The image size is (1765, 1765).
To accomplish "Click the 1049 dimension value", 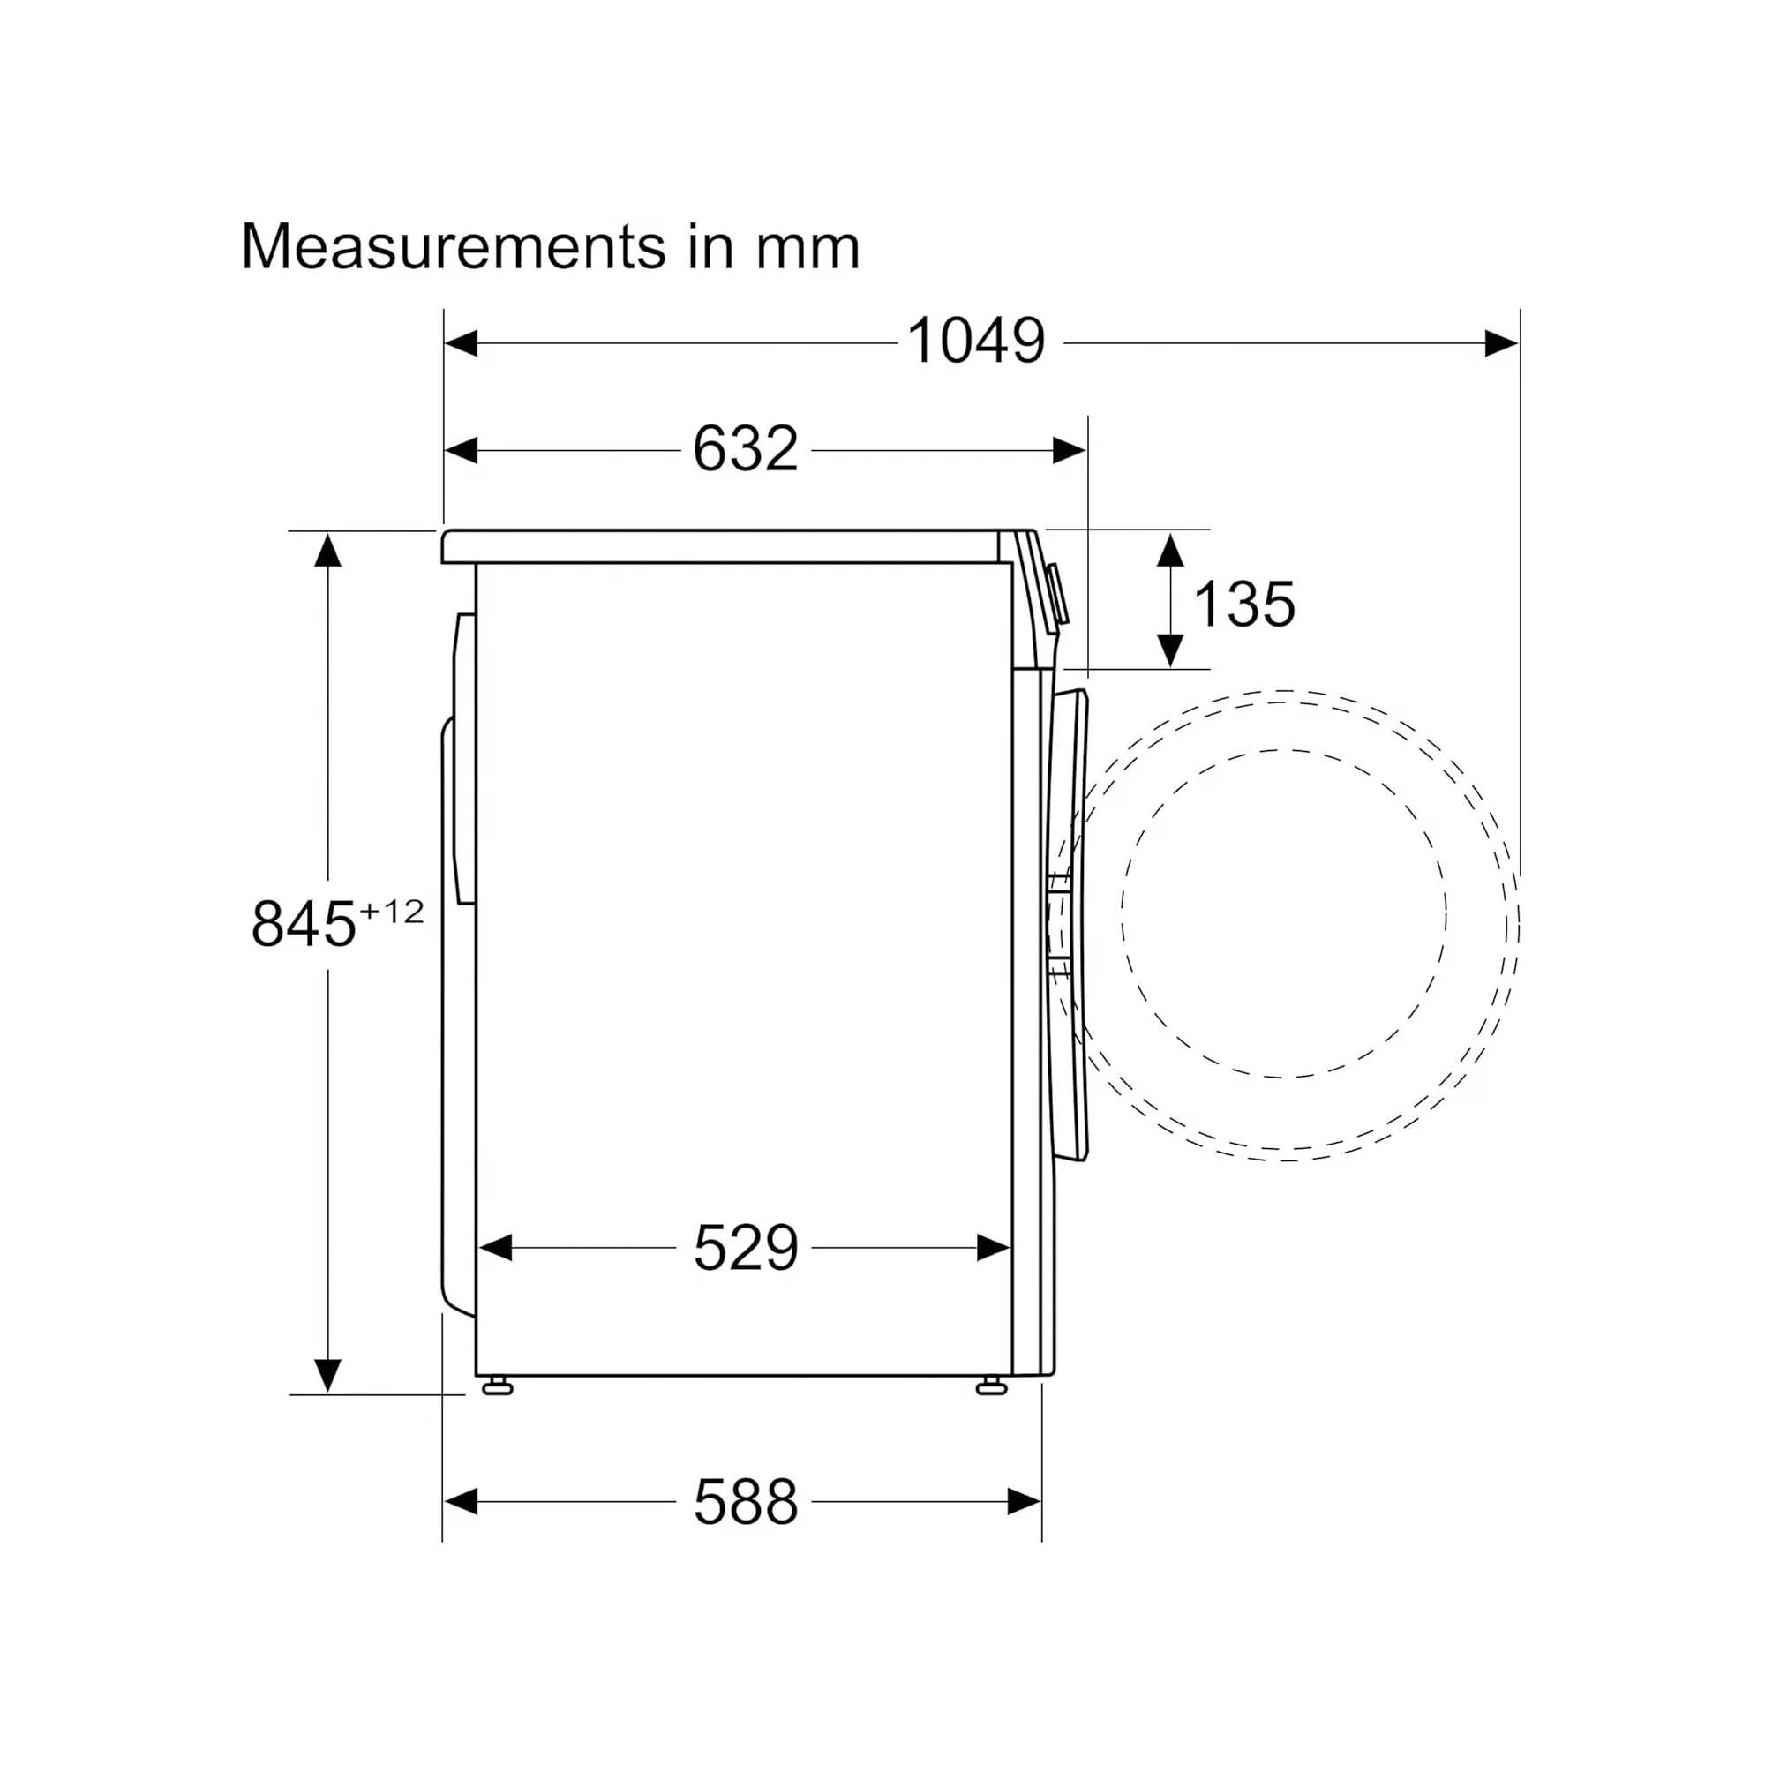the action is (976, 342).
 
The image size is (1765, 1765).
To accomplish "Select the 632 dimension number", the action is (746, 449).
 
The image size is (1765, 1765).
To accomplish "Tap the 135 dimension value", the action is (1244, 605).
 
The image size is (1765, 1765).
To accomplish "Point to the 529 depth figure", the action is (746, 1248).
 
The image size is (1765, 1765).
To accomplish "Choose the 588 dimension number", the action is (746, 1502).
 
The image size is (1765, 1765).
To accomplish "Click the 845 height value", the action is (303, 924).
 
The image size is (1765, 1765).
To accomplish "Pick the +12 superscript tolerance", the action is (391, 912).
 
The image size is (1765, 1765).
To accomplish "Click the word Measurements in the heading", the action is (453, 247).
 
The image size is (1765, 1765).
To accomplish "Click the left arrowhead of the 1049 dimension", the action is (462, 343).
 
